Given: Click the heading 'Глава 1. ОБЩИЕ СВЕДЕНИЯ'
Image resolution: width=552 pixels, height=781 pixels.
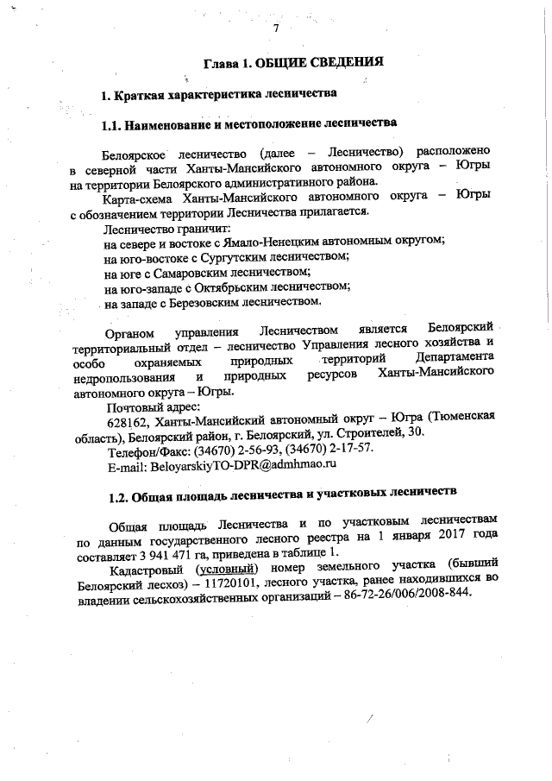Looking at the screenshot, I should [292, 63].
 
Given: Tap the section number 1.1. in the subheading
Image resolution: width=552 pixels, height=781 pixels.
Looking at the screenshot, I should [114, 124].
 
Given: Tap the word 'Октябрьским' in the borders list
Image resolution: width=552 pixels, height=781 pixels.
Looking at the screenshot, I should [217, 287].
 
